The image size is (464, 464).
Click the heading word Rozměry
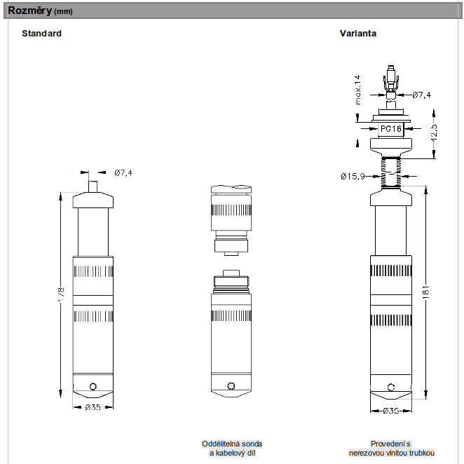(x=29, y=11)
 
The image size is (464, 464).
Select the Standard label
(x=41, y=34)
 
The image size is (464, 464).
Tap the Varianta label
(x=358, y=34)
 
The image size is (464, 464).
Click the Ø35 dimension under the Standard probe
(x=94, y=408)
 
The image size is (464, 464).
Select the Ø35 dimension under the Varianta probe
(x=390, y=411)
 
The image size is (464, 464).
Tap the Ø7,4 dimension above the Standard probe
(x=123, y=172)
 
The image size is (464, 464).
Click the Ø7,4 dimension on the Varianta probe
(x=421, y=95)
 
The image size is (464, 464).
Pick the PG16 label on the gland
(x=390, y=129)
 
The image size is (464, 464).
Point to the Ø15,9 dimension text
(x=354, y=175)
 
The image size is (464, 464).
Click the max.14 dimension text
(x=357, y=89)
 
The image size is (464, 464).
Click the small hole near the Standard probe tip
(x=94, y=385)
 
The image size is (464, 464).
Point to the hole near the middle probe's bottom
(x=231, y=385)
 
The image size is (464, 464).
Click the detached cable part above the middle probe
(x=231, y=217)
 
